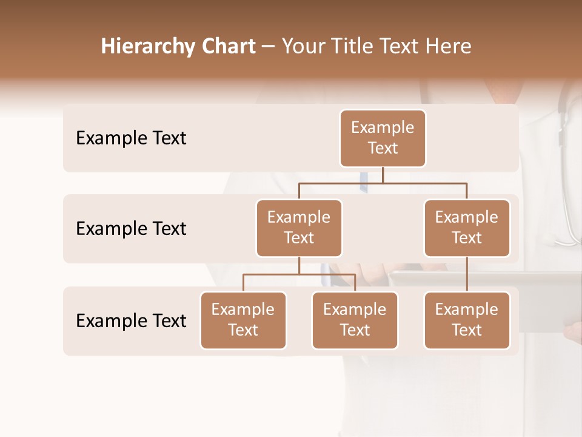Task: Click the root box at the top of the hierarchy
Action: pos(383,138)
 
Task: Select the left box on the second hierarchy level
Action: pos(299,228)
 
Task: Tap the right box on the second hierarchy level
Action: pos(467,228)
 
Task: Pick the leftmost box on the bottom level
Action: pos(243,320)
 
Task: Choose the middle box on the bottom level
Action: pos(355,320)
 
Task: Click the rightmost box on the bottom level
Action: pos(467,320)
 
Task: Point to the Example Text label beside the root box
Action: pos(131,138)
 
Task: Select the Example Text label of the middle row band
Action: pos(131,229)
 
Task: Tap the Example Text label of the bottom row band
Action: pos(131,320)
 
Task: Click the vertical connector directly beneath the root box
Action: pos(383,175)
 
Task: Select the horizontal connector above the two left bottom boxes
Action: pos(299,274)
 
